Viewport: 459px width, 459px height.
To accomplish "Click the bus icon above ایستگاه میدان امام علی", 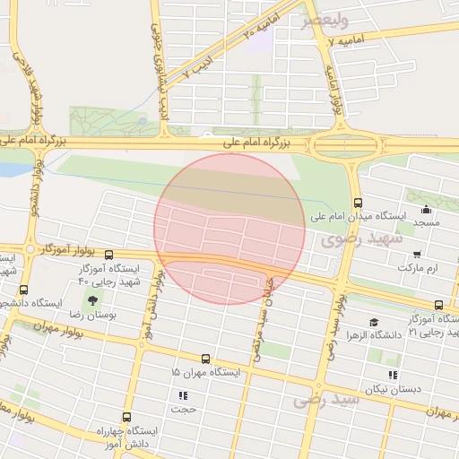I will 359,202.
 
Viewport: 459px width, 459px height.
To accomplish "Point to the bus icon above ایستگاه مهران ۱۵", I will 206,359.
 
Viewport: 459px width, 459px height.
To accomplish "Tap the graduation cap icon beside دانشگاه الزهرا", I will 374,322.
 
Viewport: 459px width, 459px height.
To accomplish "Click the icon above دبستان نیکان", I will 392,375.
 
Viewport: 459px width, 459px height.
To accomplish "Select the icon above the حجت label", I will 184,394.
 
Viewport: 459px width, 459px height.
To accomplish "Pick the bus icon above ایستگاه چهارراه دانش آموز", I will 126,417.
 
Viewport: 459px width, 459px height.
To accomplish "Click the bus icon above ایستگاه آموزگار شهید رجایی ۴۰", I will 109,255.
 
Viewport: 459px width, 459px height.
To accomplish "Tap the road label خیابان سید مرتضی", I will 261,316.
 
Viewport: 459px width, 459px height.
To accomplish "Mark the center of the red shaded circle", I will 229,229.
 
